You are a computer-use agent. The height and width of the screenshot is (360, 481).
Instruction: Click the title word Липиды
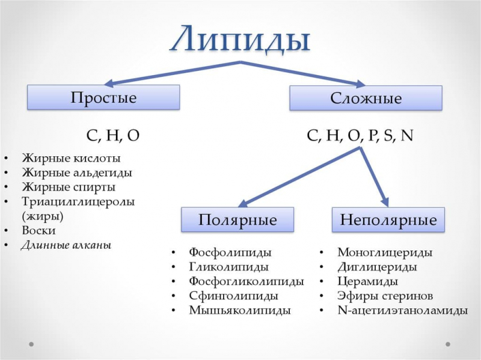pyautogui.click(x=240, y=39)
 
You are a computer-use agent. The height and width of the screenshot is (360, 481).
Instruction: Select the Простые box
pyautogui.click(x=103, y=97)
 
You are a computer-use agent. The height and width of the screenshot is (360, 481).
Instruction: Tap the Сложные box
pyautogui.click(x=366, y=98)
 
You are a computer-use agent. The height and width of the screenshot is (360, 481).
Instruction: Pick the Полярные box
pyautogui.click(x=237, y=220)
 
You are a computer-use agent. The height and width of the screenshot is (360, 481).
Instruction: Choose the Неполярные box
pyautogui.click(x=388, y=220)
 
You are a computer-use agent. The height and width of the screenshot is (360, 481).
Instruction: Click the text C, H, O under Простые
pyautogui.click(x=113, y=136)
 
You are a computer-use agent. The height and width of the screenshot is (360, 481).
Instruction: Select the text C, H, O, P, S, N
pyautogui.click(x=360, y=136)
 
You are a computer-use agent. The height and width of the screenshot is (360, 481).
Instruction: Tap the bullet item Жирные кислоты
pyautogui.click(x=71, y=159)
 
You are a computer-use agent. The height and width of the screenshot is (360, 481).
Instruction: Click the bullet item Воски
pyautogui.click(x=38, y=230)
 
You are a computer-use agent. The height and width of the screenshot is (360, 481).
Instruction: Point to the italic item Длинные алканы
pyautogui.click(x=66, y=245)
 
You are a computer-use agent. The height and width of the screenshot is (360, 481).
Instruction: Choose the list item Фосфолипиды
pyautogui.click(x=230, y=252)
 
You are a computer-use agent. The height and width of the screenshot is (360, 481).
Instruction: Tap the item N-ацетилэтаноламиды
pyautogui.click(x=402, y=311)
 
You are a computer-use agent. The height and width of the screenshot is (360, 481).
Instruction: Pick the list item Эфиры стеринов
pyautogui.click(x=385, y=296)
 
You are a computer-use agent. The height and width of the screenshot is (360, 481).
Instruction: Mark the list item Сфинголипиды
pyautogui.click(x=233, y=296)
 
